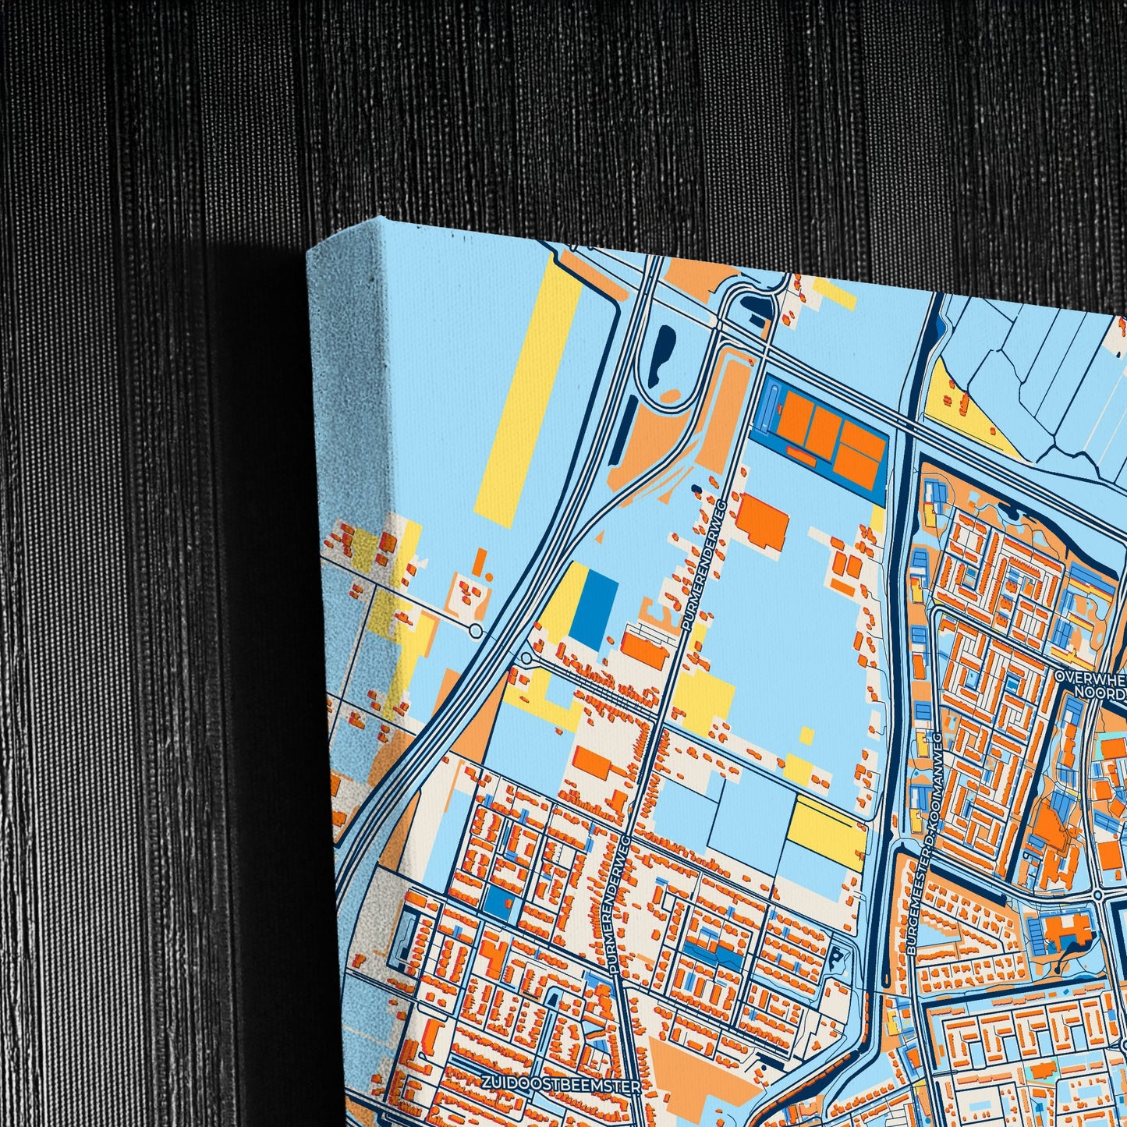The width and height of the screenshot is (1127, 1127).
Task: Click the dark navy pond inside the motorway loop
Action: tap(665, 356)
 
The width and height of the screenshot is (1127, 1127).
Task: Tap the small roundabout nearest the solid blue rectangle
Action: tap(526, 659)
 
